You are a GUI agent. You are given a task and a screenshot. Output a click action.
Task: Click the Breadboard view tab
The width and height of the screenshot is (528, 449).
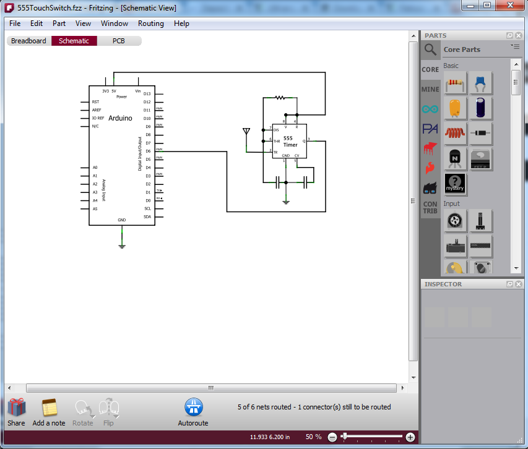(x=28, y=41)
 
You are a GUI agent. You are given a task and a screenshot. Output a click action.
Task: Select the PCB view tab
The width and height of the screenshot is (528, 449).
(x=118, y=41)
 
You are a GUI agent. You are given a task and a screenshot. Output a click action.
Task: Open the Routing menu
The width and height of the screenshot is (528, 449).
(x=151, y=24)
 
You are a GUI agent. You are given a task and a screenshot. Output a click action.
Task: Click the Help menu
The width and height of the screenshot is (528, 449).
(x=181, y=24)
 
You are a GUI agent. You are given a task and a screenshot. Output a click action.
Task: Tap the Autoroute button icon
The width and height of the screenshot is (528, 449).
(x=194, y=407)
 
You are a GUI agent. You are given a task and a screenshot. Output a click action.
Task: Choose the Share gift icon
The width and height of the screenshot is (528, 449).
(x=17, y=408)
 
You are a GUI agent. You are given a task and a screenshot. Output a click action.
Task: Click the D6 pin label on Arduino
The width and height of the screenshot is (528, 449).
(x=147, y=151)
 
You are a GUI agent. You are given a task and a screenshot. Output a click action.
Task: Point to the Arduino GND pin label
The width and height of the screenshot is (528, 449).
(x=122, y=220)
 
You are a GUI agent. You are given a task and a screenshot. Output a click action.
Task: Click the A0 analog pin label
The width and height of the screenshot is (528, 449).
(x=95, y=168)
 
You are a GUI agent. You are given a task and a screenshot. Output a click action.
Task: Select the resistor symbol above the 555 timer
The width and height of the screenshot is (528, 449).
(x=280, y=97)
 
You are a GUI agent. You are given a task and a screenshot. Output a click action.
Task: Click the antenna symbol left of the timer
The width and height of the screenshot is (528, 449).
(x=246, y=132)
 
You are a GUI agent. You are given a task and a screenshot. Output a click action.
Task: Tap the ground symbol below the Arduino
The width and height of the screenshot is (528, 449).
(x=122, y=246)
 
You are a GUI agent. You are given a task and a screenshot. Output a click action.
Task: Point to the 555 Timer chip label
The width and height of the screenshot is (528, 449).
(x=290, y=142)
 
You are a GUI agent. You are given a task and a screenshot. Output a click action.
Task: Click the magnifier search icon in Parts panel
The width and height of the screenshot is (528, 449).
(x=430, y=49)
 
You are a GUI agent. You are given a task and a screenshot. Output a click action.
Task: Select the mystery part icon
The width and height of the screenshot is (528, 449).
(x=455, y=183)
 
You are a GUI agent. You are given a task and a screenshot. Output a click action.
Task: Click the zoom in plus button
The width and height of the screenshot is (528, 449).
(x=410, y=437)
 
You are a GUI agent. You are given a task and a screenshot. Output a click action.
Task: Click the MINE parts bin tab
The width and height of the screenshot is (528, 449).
(x=430, y=89)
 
